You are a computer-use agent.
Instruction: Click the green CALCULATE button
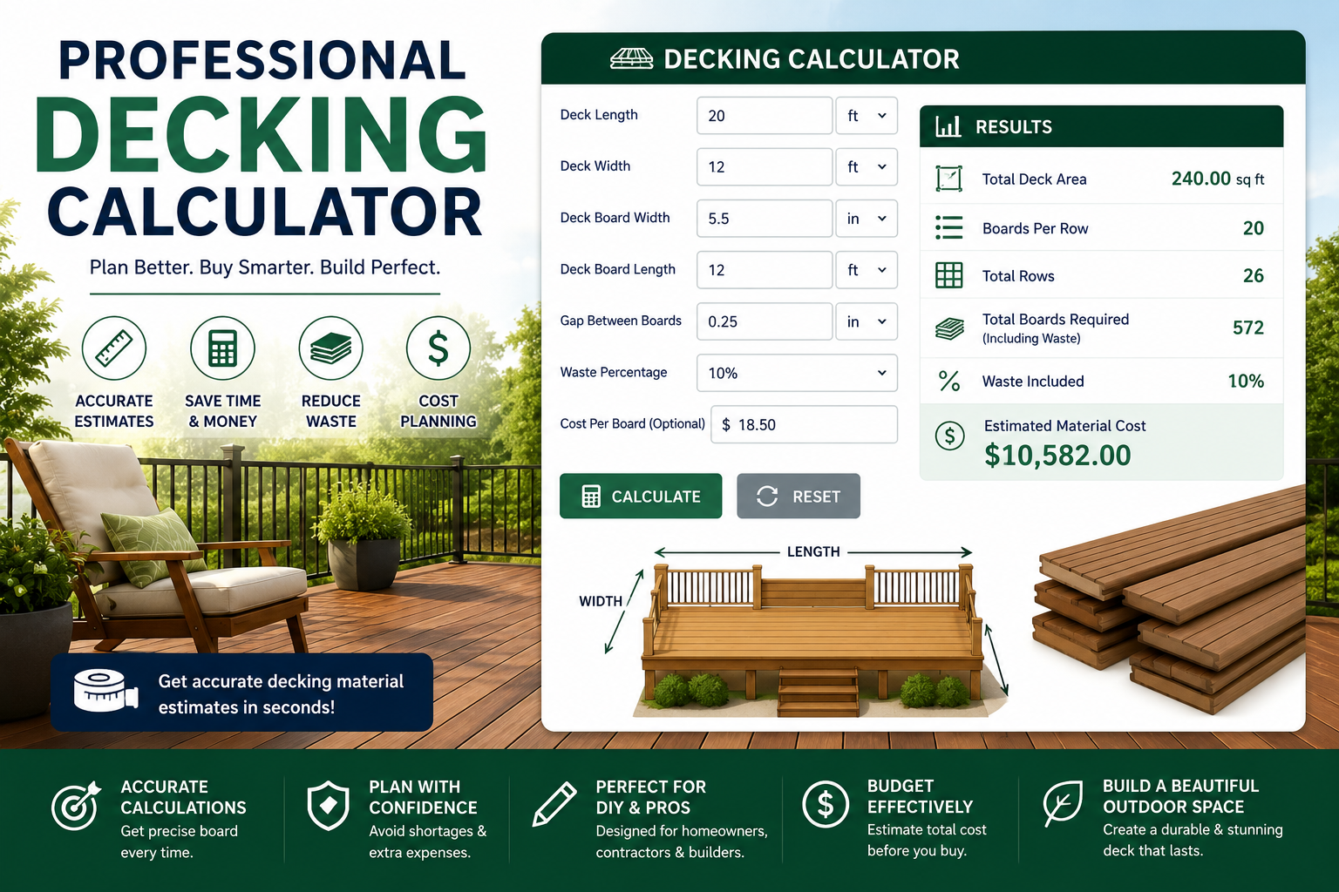(640, 496)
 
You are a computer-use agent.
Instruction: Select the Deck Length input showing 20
(764, 115)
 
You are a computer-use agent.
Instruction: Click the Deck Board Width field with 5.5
(764, 218)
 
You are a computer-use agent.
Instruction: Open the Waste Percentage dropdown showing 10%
(797, 373)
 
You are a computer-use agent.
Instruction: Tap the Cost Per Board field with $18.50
(804, 424)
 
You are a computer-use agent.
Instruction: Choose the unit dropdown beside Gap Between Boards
(867, 321)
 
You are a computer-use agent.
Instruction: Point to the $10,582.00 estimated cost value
(1057, 456)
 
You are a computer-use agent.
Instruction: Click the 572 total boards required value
(1248, 328)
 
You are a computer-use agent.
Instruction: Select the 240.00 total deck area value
(1201, 179)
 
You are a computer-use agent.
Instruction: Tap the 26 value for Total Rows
(1254, 275)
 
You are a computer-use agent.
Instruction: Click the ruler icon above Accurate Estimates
(114, 348)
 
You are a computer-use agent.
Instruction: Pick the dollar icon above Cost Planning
(438, 348)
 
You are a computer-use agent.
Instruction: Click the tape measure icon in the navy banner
(105, 691)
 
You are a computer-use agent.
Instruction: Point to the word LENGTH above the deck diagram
(813, 551)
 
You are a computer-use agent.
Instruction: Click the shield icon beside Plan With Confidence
(328, 806)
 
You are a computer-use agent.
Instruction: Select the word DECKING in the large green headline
(262, 135)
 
